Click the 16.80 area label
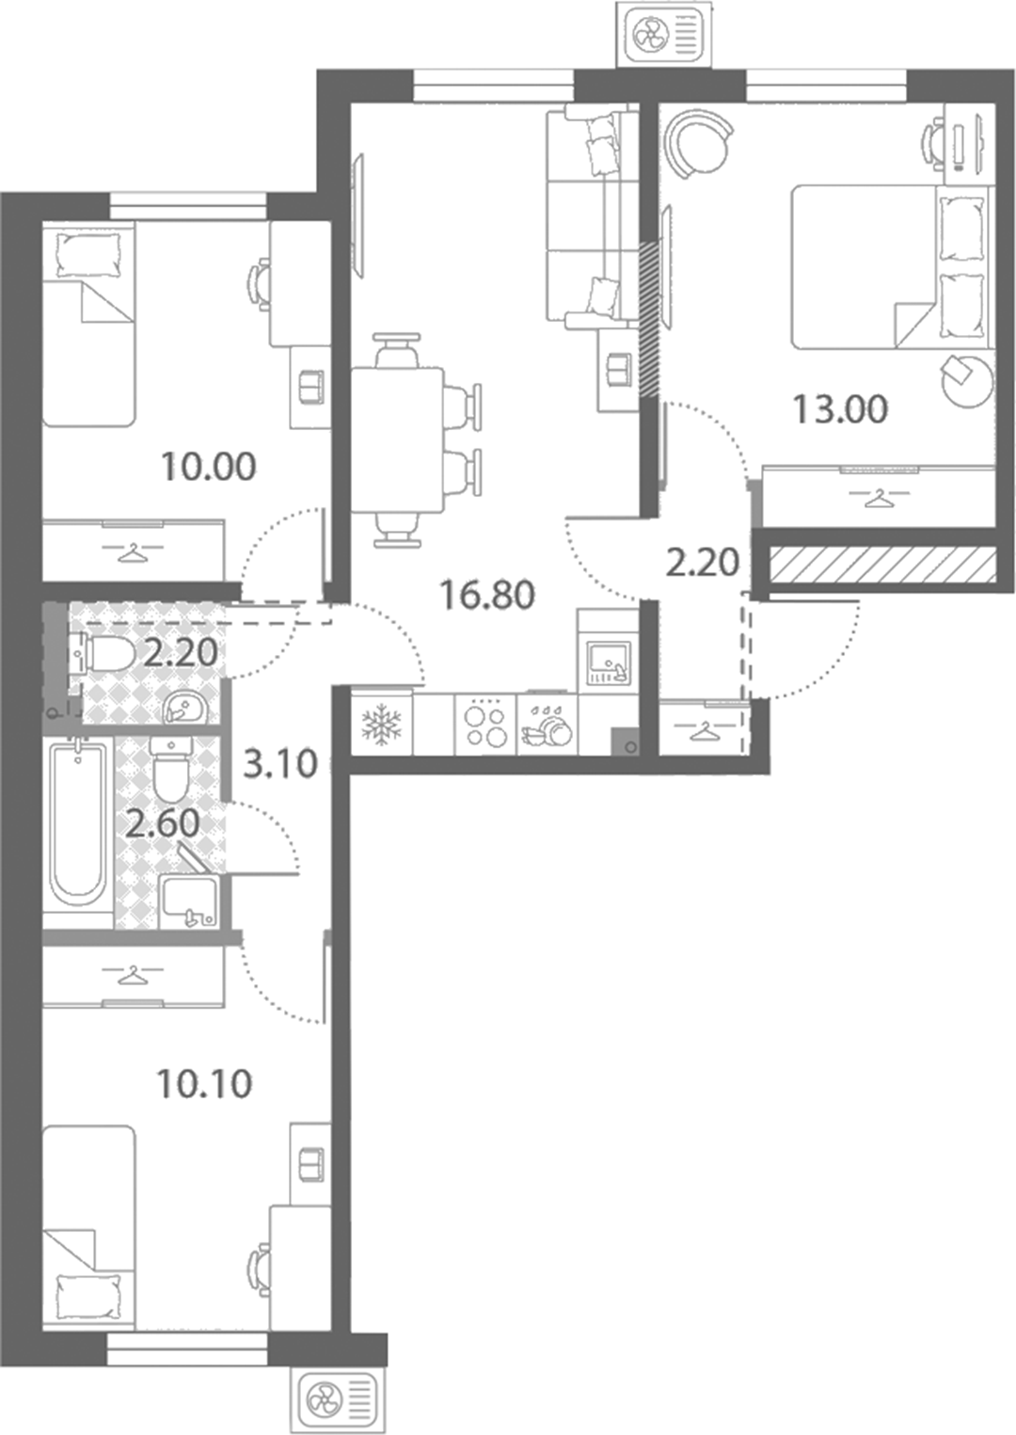pyautogui.click(x=487, y=595)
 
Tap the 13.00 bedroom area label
pyautogui.click(x=840, y=409)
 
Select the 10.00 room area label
pyautogui.click(x=209, y=467)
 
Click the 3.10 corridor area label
pyautogui.click(x=281, y=764)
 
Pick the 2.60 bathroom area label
pyautogui.click(x=163, y=824)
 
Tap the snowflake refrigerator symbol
pyautogui.click(x=382, y=725)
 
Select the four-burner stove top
pyautogui.click(x=485, y=725)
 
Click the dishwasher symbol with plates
pyautogui.click(x=548, y=725)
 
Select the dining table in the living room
pyautogui.click(x=397, y=440)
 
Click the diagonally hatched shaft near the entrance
pyautogui.click(x=883, y=565)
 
